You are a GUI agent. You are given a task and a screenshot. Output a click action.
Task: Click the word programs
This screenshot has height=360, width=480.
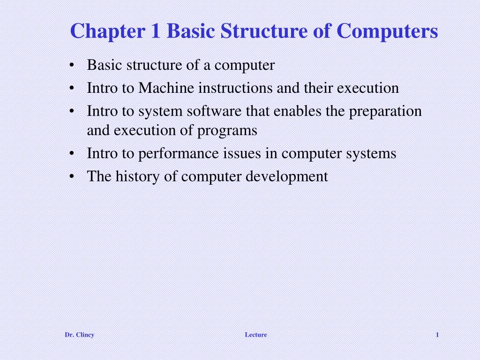coord(227,131)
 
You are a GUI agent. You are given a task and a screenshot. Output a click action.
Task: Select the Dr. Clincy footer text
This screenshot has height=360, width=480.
coord(79,335)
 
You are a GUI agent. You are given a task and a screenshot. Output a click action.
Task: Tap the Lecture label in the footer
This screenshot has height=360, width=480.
coord(256,335)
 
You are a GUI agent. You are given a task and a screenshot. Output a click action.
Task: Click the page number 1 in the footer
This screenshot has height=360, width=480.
coord(437,335)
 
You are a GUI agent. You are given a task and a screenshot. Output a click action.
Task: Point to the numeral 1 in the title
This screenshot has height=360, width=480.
coord(155,32)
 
